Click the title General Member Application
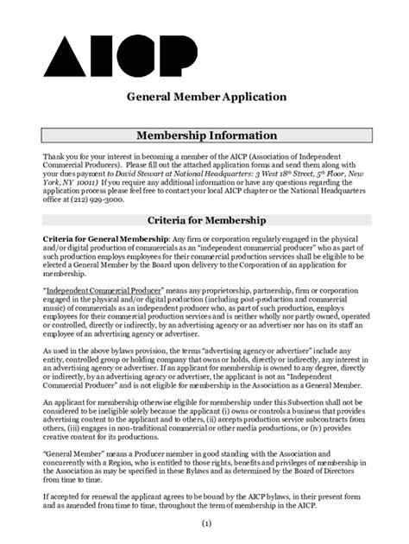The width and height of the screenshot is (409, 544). point(204,98)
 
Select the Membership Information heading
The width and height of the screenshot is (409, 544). point(204,136)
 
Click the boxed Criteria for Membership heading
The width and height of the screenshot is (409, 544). point(204,219)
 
